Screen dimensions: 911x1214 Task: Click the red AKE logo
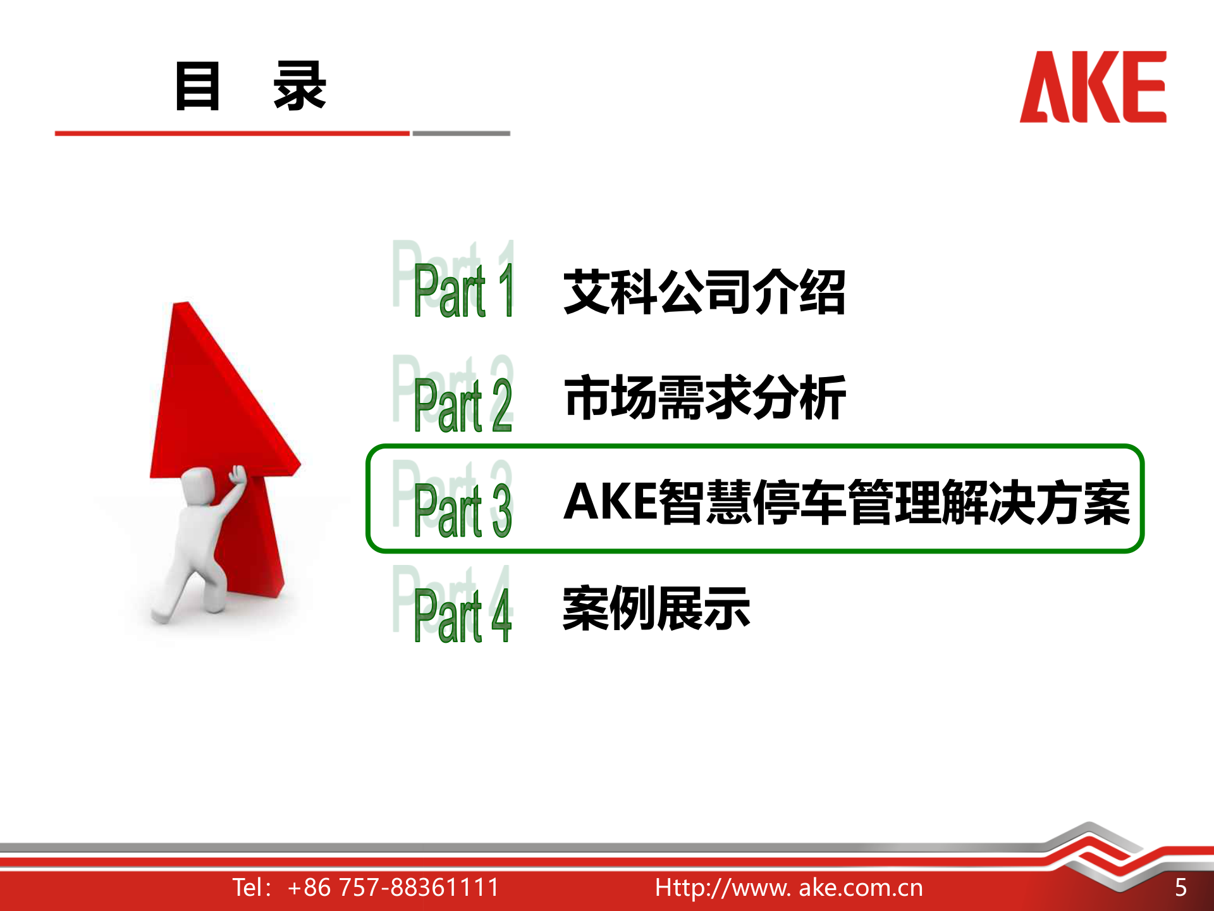(1093, 87)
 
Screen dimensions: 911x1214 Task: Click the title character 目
(197, 86)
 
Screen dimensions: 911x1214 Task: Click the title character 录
(300, 86)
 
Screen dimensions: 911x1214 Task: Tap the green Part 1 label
(463, 290)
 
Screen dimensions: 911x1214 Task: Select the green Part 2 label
(463, 405)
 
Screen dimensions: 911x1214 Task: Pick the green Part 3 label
(463, 510)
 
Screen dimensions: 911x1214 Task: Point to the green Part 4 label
(463, 615)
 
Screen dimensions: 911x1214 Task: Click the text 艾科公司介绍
(704, 292)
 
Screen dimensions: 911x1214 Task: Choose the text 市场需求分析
(704, 397)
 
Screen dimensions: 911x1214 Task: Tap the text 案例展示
(656, 609)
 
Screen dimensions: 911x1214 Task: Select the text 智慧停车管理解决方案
(894, 502)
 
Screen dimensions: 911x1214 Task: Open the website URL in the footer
(789, 888)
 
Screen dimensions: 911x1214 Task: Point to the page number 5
(1180, 888)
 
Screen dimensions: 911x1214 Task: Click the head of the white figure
(199, 486)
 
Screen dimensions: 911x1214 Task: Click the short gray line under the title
(461, 133)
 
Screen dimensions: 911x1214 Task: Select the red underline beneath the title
(232, 133)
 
